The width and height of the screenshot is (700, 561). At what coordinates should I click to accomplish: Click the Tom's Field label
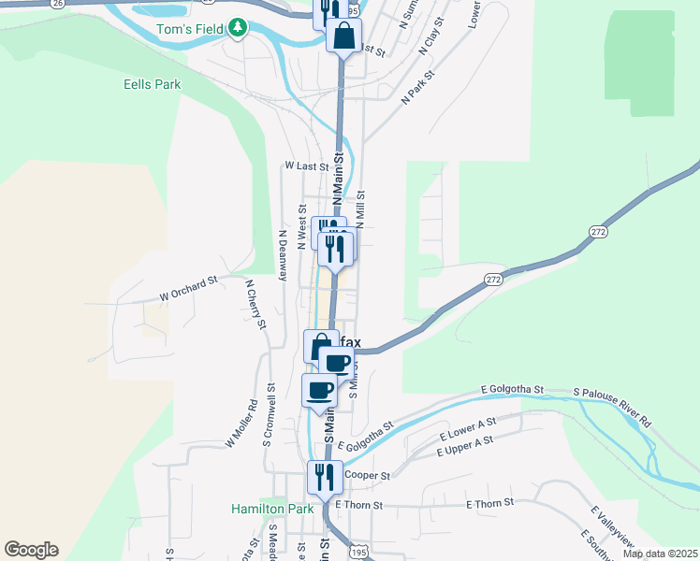[x=189, y=29]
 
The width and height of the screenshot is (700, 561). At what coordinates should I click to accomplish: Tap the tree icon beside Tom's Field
[x=239, y=28]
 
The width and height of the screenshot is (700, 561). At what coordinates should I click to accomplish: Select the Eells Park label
[x=152, y=84]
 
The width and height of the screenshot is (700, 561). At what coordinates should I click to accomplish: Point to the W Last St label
[x=306, y=165]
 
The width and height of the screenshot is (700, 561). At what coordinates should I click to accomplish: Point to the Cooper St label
[x=367, y=475]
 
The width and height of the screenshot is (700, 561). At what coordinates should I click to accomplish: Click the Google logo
[x=31, y=550]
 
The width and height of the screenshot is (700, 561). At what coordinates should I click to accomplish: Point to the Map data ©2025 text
[x=659, y=554]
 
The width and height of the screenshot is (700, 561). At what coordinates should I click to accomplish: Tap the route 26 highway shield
[x=58, y=4]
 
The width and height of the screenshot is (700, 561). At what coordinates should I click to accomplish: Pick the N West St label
[x=302, y=226]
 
